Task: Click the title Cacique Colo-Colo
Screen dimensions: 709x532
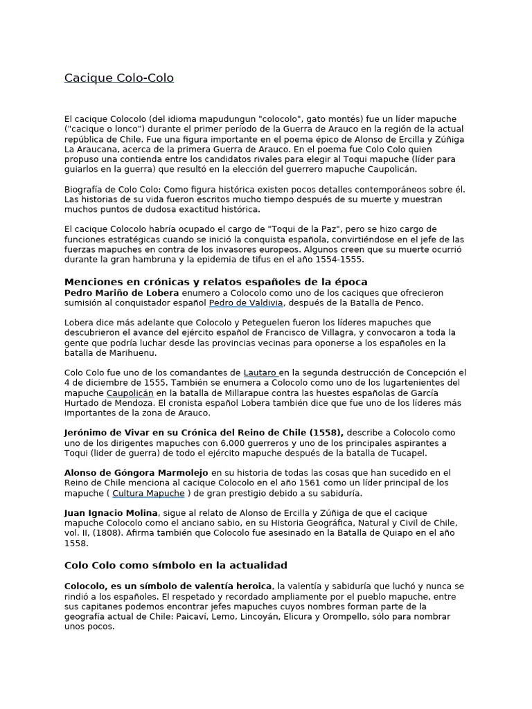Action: click(119, 78)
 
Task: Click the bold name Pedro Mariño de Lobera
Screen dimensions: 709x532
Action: click(123, 293)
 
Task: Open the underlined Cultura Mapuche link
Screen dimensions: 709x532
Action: click(148, 494)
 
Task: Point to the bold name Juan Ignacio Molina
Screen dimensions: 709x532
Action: click(112, 513)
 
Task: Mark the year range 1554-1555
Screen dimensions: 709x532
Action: click(339, 260)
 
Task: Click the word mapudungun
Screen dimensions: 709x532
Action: click(224, 119)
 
